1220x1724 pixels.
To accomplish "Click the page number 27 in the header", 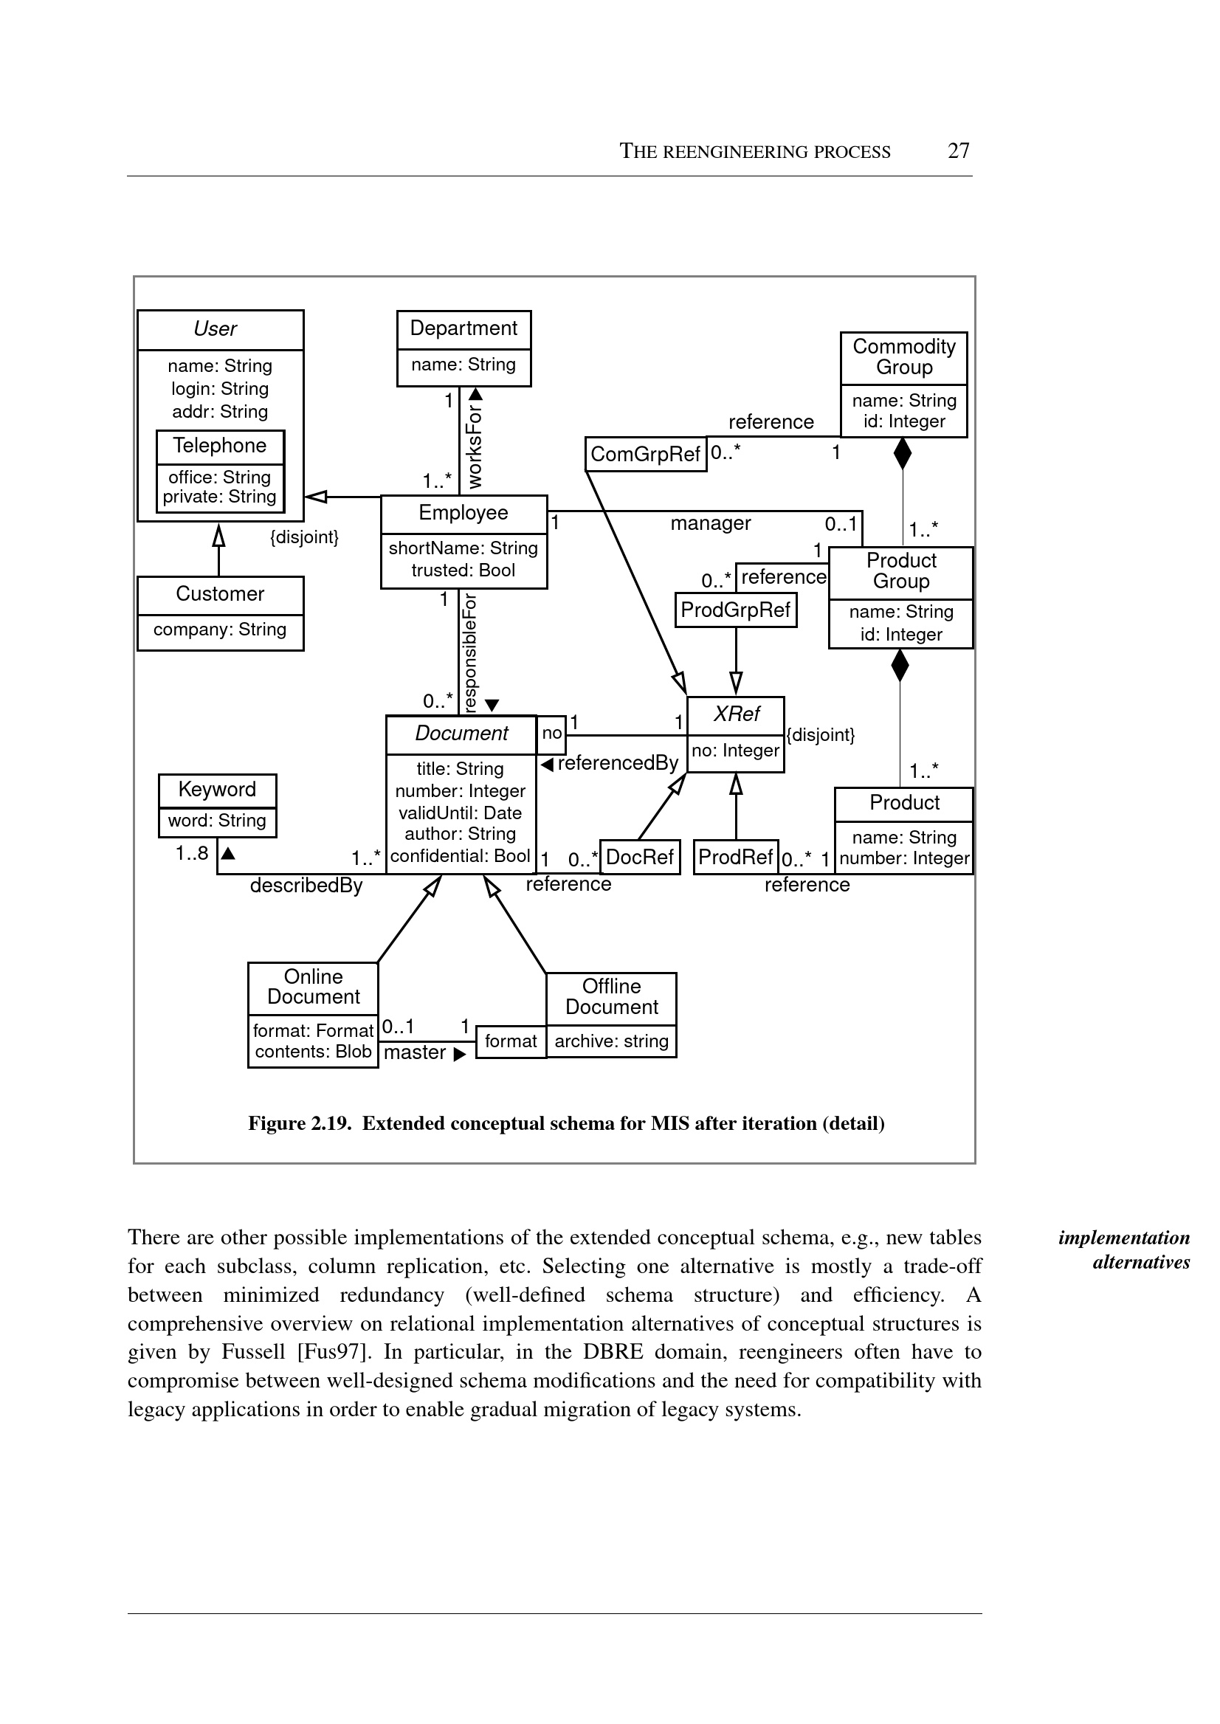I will pos(958,151).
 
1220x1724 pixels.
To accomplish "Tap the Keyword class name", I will pos(217,790).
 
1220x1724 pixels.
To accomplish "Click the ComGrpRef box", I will pos(645,455).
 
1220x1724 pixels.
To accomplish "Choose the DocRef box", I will pos(640,857).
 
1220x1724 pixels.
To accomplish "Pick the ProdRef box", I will pos(735,857).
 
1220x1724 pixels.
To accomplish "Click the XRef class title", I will pos(737,714).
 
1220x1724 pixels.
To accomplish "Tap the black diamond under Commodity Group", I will pos(902,453).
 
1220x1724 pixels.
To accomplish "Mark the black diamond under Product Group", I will pos(899,666).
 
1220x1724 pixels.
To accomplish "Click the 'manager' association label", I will pos(711,523).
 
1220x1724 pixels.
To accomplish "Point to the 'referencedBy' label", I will pos(618,763).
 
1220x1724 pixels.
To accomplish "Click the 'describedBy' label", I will pos(306,886).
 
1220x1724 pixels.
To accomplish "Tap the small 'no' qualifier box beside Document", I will pos(552,734).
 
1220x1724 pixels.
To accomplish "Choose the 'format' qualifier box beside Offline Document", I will pos(511,1041).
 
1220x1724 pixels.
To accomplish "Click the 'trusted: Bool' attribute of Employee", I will pos(463,570).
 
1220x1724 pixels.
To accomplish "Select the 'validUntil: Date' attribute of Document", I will pos(460,813).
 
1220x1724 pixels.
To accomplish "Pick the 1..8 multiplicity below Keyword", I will pos(192,853).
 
